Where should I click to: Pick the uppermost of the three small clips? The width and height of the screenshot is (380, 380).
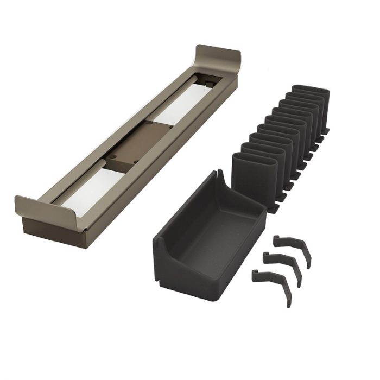[x=293, y=247]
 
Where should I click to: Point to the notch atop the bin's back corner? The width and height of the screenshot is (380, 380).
[x=218, y=175]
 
